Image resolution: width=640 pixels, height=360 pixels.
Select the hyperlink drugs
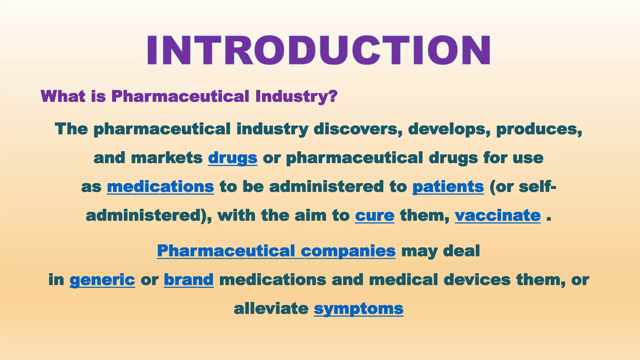tap(232, 157)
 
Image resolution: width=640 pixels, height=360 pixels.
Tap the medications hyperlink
tap(160, 187)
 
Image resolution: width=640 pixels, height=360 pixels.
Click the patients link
tap(448, 187)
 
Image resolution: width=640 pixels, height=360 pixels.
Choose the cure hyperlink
tap(375, 215)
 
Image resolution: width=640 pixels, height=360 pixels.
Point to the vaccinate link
tap(497, 215)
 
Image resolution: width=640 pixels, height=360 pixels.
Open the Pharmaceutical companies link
tap(276, 251)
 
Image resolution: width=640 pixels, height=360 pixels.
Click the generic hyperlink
tap(102, 279)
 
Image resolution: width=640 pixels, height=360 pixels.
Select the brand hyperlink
tap(189, 279)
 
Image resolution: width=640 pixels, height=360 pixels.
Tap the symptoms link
tap(358, 308)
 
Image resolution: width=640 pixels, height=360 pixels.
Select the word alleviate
tap(271, 308)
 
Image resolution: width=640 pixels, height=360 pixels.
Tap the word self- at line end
tap(537, 187)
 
